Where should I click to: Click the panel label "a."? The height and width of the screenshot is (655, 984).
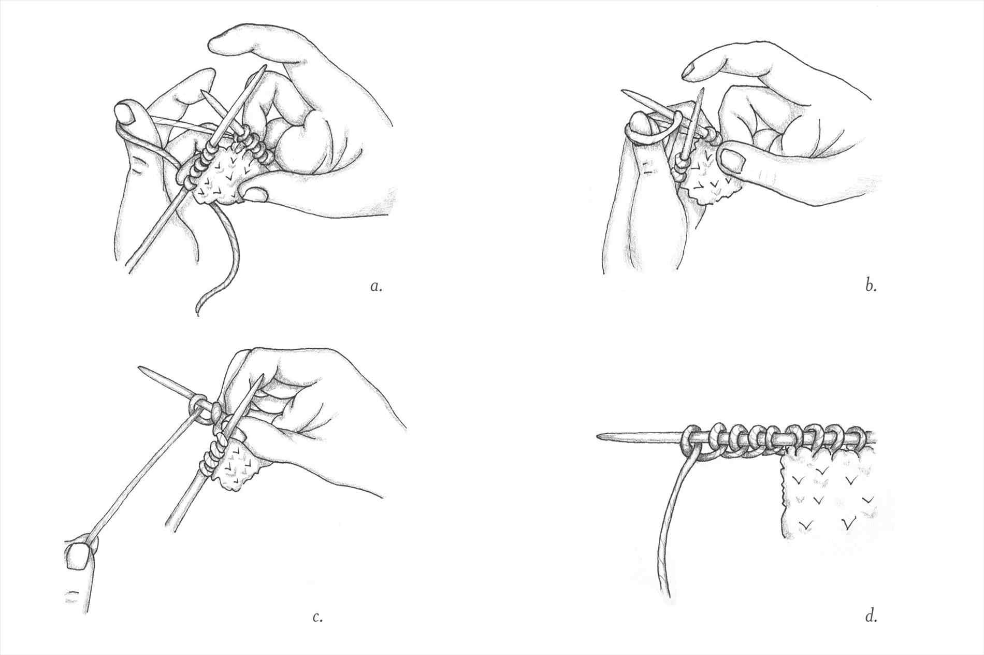click(377, 287)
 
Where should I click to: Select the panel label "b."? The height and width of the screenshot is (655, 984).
click(871, 286)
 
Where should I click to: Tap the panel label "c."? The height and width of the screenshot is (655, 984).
click(318, 617)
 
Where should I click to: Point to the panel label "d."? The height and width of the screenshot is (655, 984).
click(871, 616)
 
